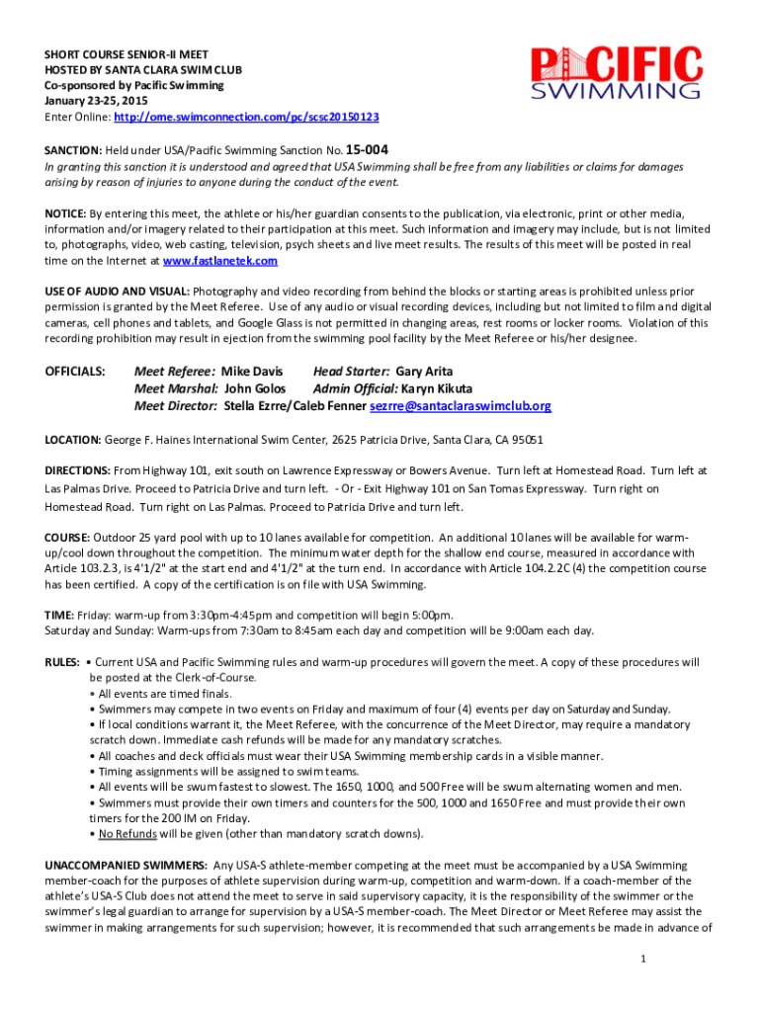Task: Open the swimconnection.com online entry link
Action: pyautogui.click(x=246, y=117)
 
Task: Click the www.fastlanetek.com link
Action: pyautogui.click(x=219, y=261)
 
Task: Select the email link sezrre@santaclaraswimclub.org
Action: pyautogui.click(x=461, y=406)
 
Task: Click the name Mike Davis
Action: pyautogui.click(x=251, y=372)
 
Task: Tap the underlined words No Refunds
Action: pyautogui.click(x=127, y=833)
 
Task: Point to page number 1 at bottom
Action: pyautogui.click(x=642, y=960)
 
